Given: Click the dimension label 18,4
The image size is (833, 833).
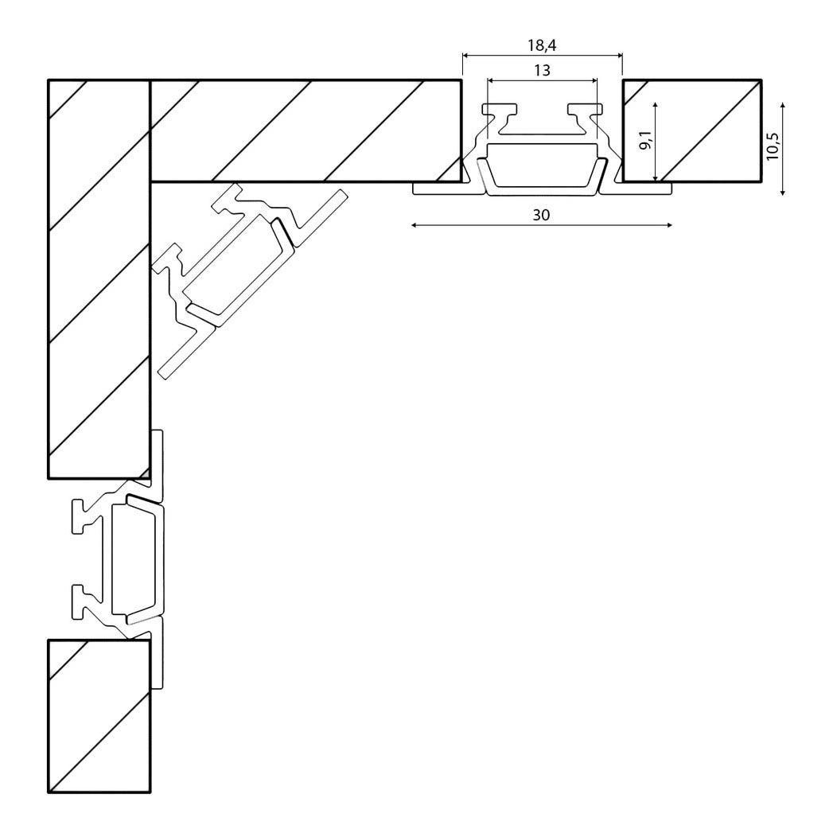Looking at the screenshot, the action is pyautogui.click(x=542, y=45).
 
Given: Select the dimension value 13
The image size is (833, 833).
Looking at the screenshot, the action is pyautogui.click(x=543, y=71).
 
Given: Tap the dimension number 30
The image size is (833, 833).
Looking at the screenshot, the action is pyautogui.click(x=541, y=215).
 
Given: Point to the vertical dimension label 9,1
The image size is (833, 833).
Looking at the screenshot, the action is pyautogui.click(x=645, y=140).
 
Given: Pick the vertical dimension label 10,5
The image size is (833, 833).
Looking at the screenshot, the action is pyautogui.click(x=773, y=146).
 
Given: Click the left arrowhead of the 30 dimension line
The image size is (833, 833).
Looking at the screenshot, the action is pyautogui.click(x=415, y=225).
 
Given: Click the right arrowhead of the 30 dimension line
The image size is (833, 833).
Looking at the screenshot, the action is pyautogui.click(x=668, y=225).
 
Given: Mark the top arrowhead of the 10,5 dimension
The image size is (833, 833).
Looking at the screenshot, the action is pyautogui.click(x=783, y=107).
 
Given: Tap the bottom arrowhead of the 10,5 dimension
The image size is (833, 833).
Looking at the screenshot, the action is pyautogui.click(x=783, y=192).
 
